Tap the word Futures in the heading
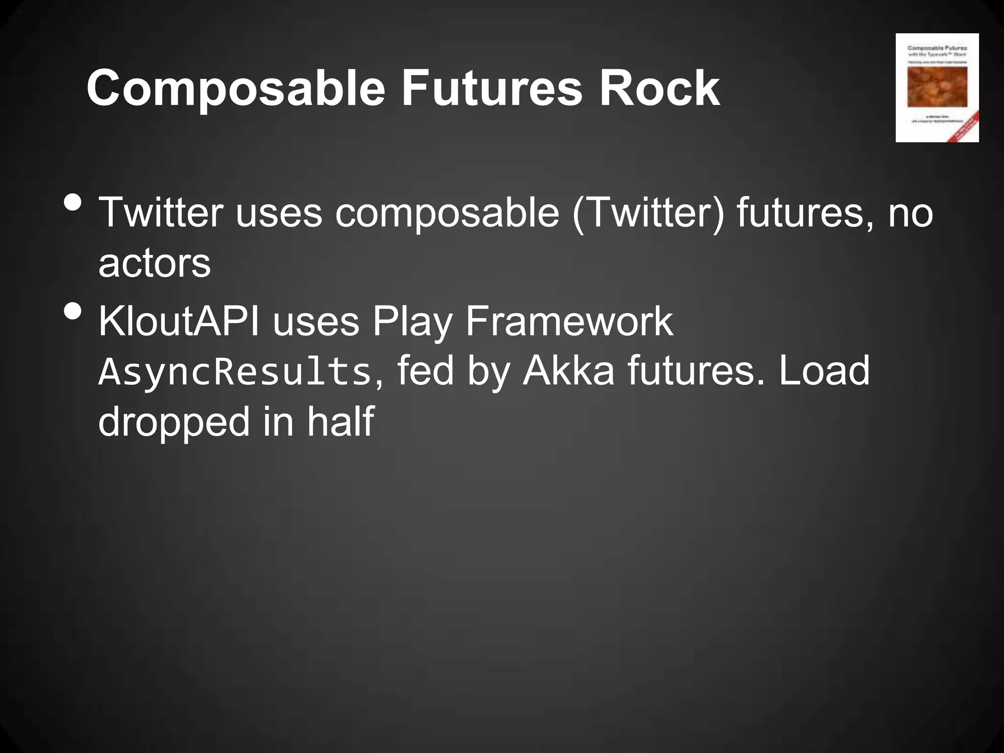tap(492, 88)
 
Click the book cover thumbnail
tap(937, 88)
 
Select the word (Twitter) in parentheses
tap(648, 213)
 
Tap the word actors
tap(154, 263)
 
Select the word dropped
tap(174, 423)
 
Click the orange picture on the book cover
tap(937, 87)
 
